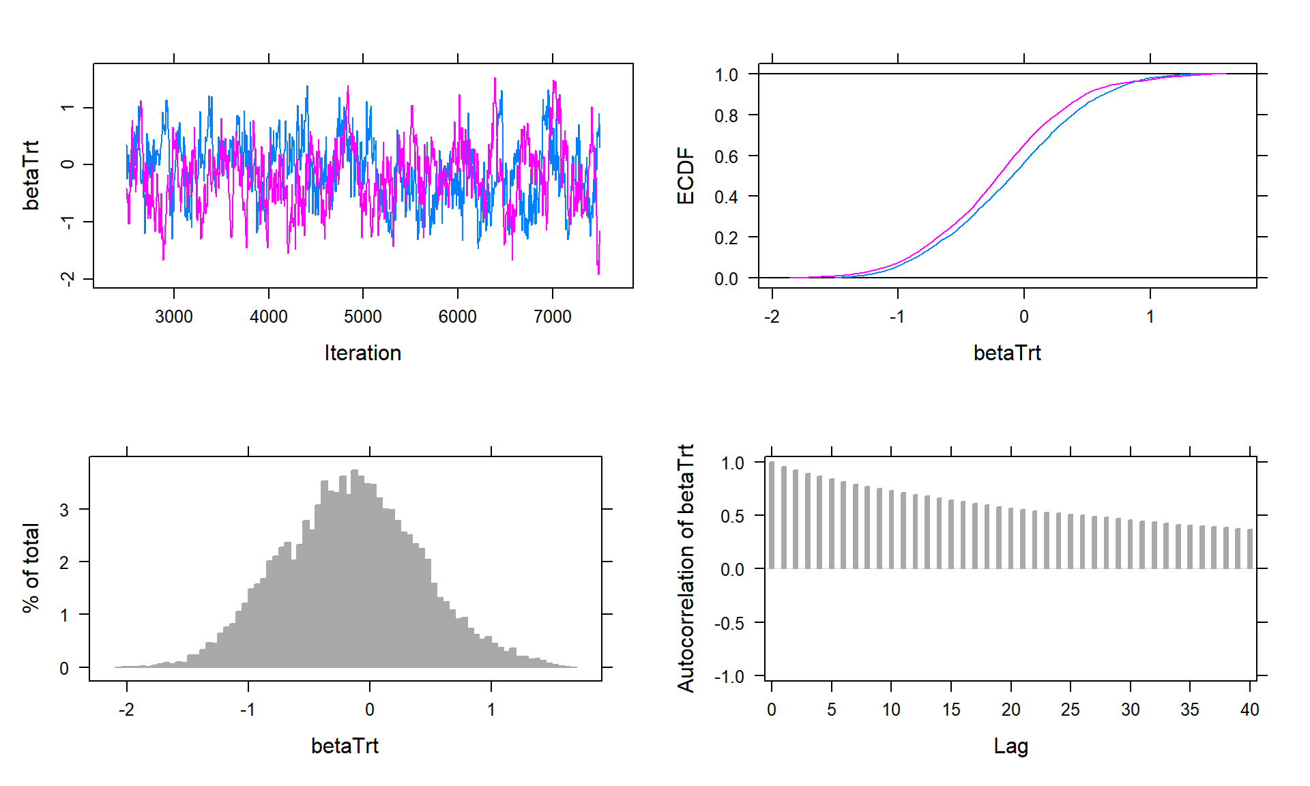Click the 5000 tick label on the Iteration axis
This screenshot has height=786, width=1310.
(x=362, y=317)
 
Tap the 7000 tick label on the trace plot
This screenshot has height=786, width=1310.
(x=552, y=317)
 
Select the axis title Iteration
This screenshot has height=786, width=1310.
(x=362, y=353)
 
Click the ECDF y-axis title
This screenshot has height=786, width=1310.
(x=685, y=176)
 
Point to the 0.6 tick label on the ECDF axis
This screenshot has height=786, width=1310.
(x=726, y=157)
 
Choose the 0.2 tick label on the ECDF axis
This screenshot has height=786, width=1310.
(x=726, y=238)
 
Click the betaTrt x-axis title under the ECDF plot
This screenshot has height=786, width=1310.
(x=1007, y=353)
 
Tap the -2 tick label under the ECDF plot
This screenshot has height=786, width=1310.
(x=771, y=317)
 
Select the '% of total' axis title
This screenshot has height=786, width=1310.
(x=31, y=568)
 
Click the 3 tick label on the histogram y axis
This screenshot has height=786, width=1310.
(x=64, y=510)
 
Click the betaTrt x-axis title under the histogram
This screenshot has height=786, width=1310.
(x=345, y=746)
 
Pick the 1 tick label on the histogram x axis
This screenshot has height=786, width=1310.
(x=491, y=710)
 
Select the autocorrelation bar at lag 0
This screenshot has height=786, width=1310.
(x=772, y=515)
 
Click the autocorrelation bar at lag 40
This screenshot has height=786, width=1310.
(x=1250, y=549)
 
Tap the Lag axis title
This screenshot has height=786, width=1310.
(x=1010, y=746)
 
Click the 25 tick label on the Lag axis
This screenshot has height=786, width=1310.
(x=1070, y=710)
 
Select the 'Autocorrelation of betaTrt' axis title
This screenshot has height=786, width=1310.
(x=685, y=568)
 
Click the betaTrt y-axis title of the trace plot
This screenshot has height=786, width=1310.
(x=31, y=175)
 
